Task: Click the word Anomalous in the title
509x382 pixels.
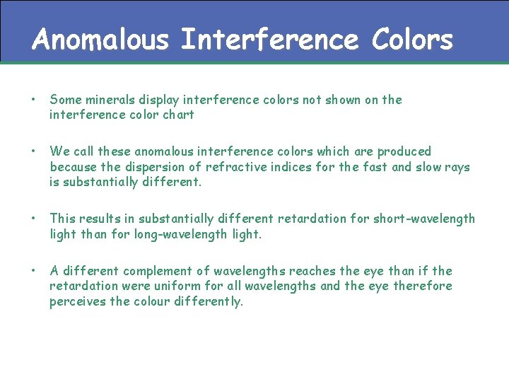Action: [100, 40]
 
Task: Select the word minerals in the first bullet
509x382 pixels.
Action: [110, 100]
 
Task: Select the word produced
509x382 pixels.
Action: [404, 151]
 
